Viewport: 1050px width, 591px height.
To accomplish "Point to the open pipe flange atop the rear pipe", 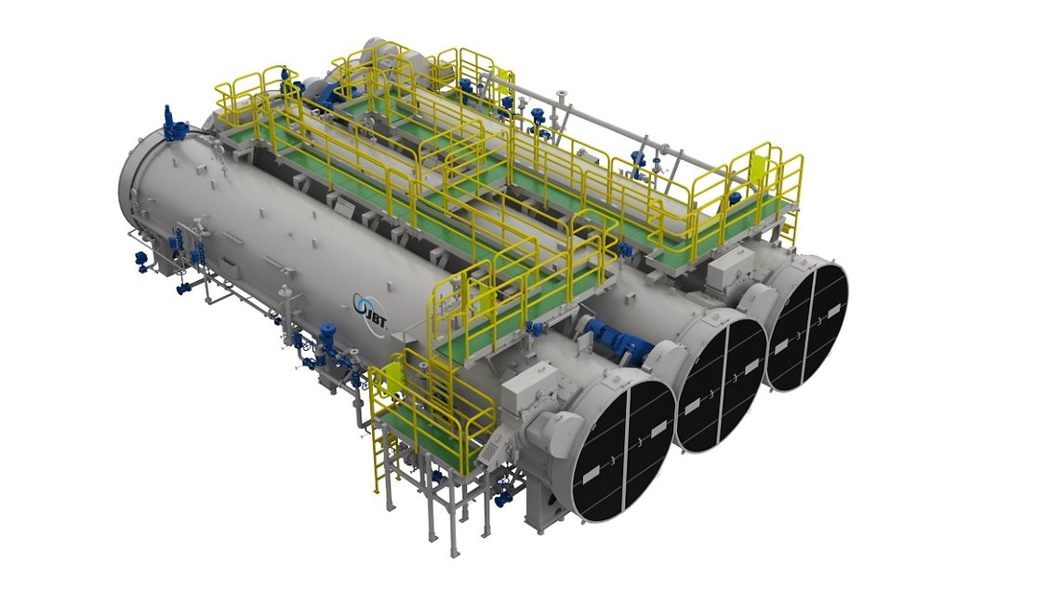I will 562,96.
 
